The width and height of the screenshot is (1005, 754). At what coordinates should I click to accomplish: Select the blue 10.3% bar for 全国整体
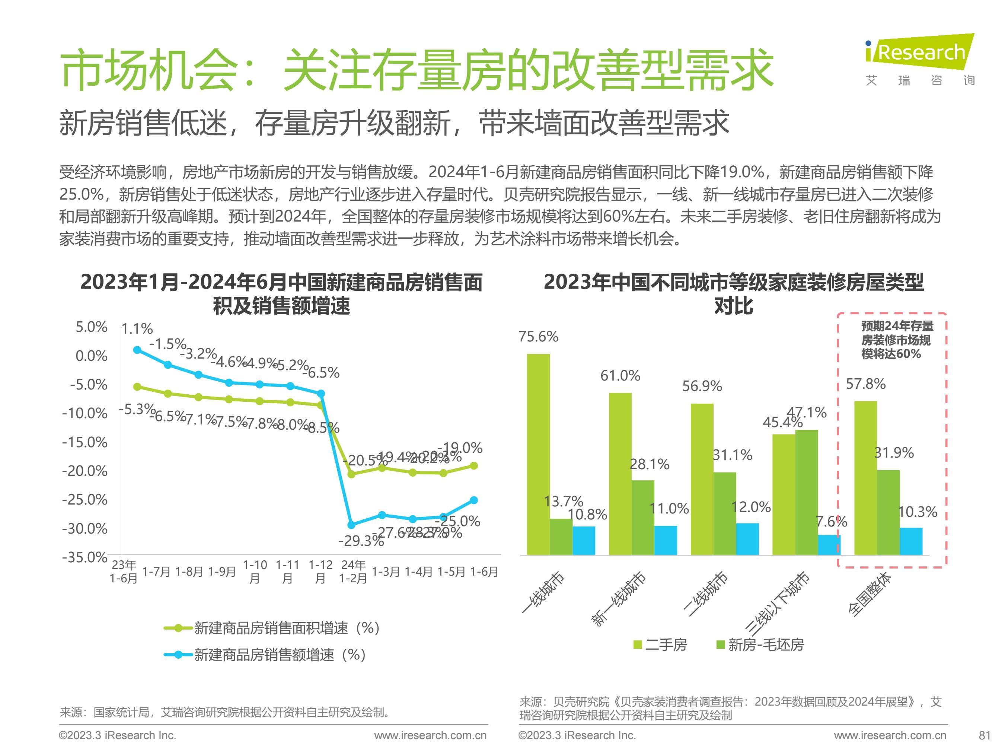coord(911,541)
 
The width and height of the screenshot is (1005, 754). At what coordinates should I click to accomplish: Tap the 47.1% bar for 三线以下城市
coord(807,492)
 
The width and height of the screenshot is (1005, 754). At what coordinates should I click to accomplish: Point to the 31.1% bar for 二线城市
coord(725,513)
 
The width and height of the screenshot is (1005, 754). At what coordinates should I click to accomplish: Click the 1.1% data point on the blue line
coord(137,350)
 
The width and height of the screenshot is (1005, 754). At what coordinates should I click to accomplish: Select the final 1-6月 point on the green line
coord(473,465)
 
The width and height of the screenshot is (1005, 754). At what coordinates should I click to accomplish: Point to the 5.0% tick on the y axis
coord(91,327)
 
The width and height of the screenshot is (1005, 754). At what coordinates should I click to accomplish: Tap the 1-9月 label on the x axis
coord(222,572)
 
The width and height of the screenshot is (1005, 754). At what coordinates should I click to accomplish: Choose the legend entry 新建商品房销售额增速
coord(280,655)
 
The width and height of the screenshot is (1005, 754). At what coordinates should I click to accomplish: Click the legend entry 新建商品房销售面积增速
coord(286,628)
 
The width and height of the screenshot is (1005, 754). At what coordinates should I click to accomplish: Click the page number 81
coord(984,735)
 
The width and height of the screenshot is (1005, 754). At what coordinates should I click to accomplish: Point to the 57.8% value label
coord(865,384)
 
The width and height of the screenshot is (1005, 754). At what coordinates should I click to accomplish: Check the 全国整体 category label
coord(870,595)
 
